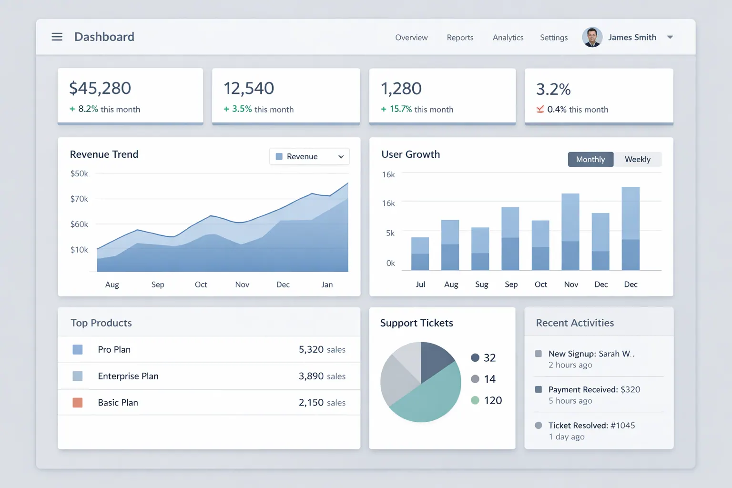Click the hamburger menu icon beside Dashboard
pos(57,37)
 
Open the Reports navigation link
pos(460,38)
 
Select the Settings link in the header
pos(553,38)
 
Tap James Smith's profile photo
pos(592,37)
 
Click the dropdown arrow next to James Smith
pos(670,37)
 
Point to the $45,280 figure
pos(100,88)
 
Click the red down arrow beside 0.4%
pos(540,109)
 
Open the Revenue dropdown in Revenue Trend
pos(309,156)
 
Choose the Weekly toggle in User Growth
pos(637,159)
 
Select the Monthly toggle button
pos(590,159)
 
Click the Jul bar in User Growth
pos(420,254)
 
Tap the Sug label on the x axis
pos(481,285)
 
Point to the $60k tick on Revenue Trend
pos(79,224)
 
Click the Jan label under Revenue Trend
pos(327,285)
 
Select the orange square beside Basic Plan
pos(77,403)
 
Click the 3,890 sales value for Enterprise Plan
pos(322,376)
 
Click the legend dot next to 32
pos(475,357)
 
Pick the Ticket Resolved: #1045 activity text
pos(591,426)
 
